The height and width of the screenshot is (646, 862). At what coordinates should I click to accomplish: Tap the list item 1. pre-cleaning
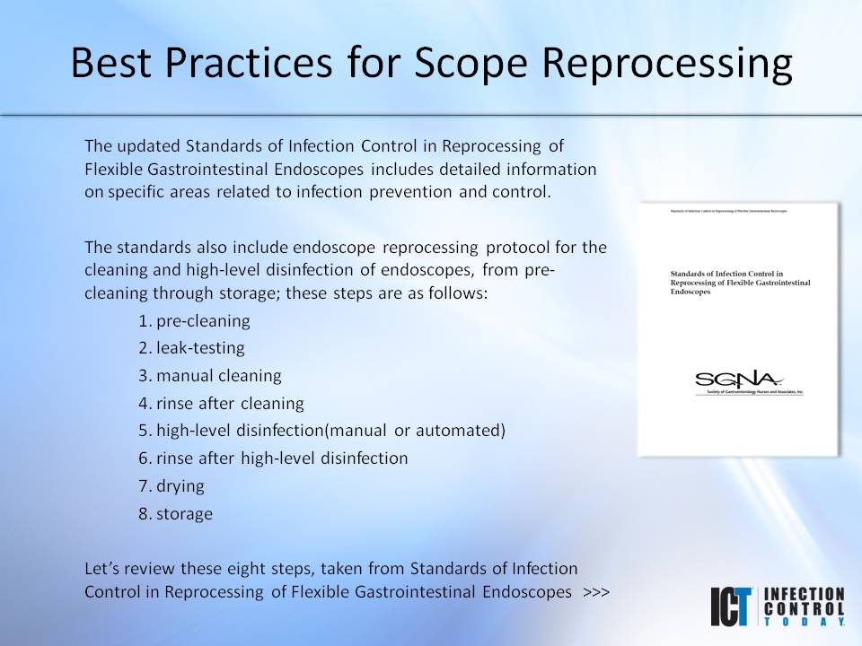click(194, 320)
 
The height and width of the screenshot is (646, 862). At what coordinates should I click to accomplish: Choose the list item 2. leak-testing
click(191, 347)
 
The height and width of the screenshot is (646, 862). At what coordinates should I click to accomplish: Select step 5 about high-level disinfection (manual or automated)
click(321, 431)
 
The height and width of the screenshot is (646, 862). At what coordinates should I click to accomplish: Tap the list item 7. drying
click(172, 485)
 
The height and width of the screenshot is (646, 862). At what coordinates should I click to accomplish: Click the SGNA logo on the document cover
click(738, 380)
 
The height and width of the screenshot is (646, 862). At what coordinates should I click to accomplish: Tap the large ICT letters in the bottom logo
click(732, 607)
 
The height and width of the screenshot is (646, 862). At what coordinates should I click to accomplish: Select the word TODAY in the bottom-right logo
click(804, 621)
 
